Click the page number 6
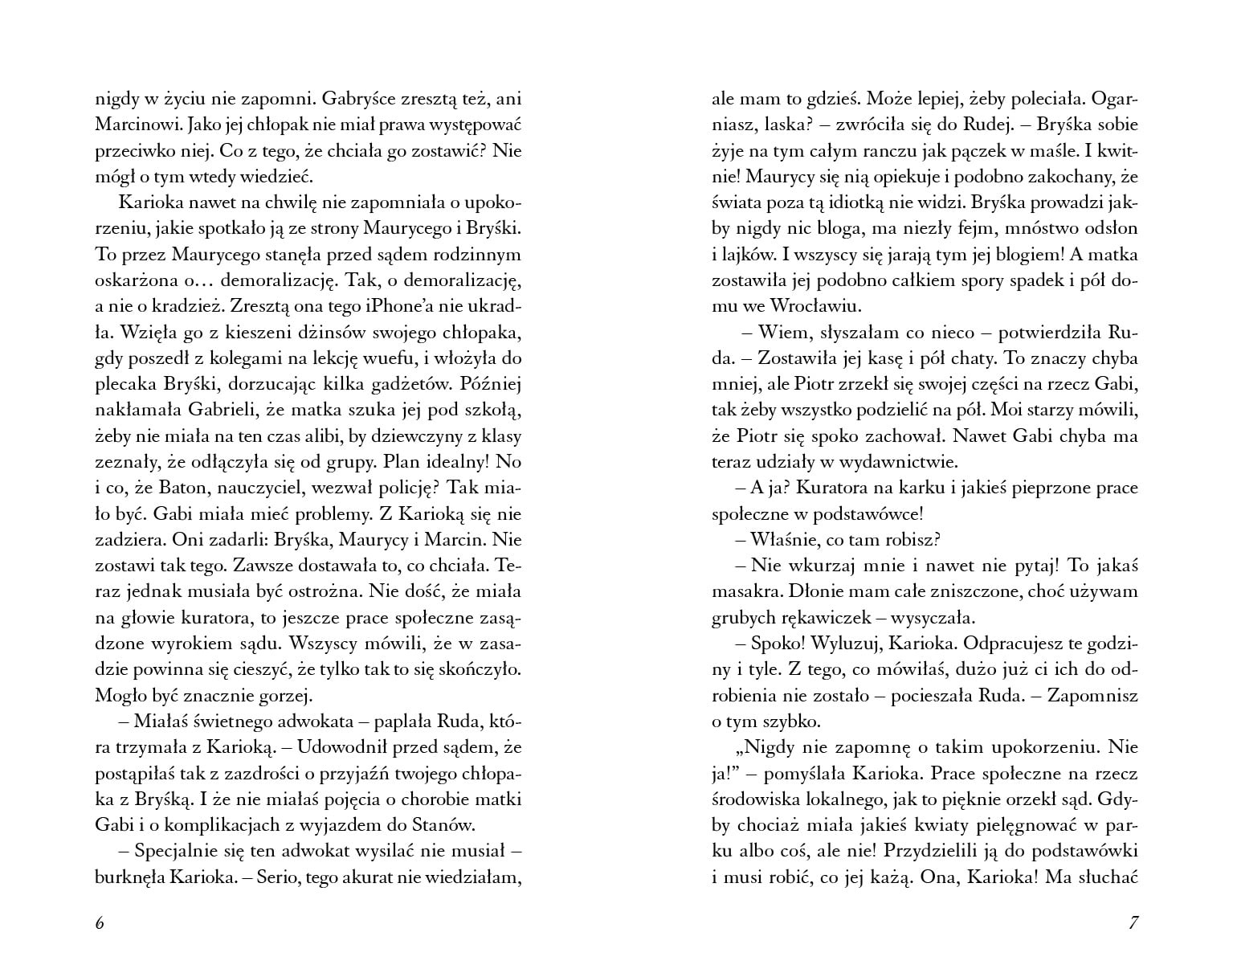point(100,922)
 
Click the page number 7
point(1133,922)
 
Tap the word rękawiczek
point(858,618)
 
